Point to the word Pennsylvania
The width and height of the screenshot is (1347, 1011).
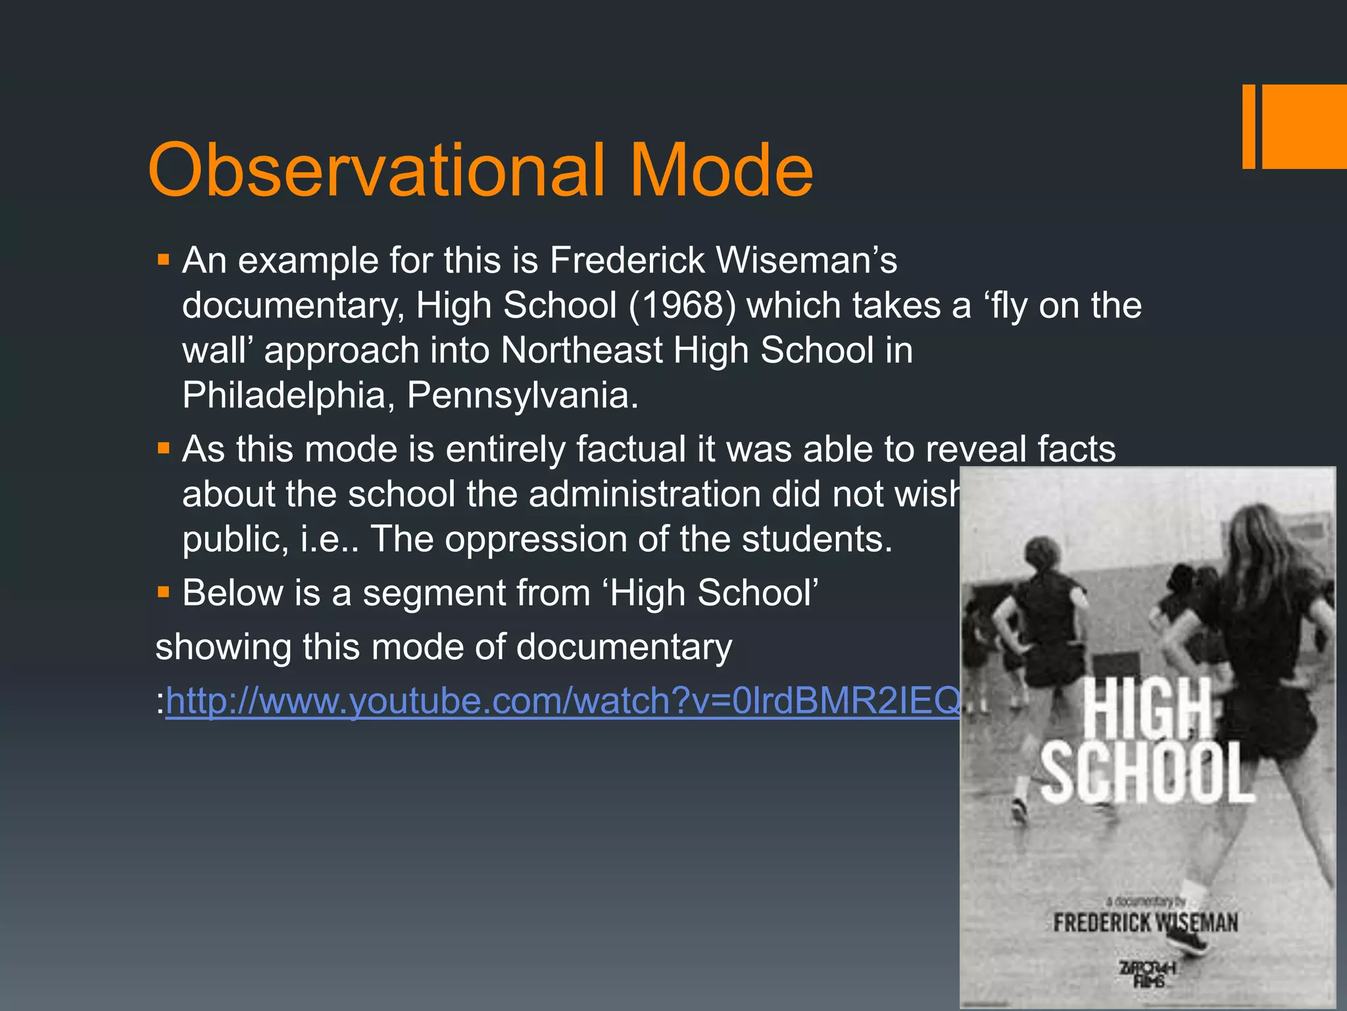pyautogui.click(x=522, y=395)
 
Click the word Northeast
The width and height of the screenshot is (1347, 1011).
pyautogui.click(x=581, y=350)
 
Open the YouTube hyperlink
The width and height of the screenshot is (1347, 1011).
pyautogui.click(x=563, y=700)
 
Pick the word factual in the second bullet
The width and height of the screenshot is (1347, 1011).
pyautogui.click(x=631, y=449)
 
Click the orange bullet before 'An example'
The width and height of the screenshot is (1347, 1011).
pyautogui.click(x=163, y=260)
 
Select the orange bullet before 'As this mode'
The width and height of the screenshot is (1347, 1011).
pyautogui.click(x=163, y=449)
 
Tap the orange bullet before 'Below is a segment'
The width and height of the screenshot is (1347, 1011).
pyautogui.click(x=163, y=592)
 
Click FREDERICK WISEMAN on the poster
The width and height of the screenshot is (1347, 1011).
pyautogui.click(x=1145, y=922)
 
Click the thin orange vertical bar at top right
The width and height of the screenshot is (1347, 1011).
pyautogui.click(x=1248, y=126)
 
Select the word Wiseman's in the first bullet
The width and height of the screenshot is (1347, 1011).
pyautogui.click(x=806, y=260)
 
